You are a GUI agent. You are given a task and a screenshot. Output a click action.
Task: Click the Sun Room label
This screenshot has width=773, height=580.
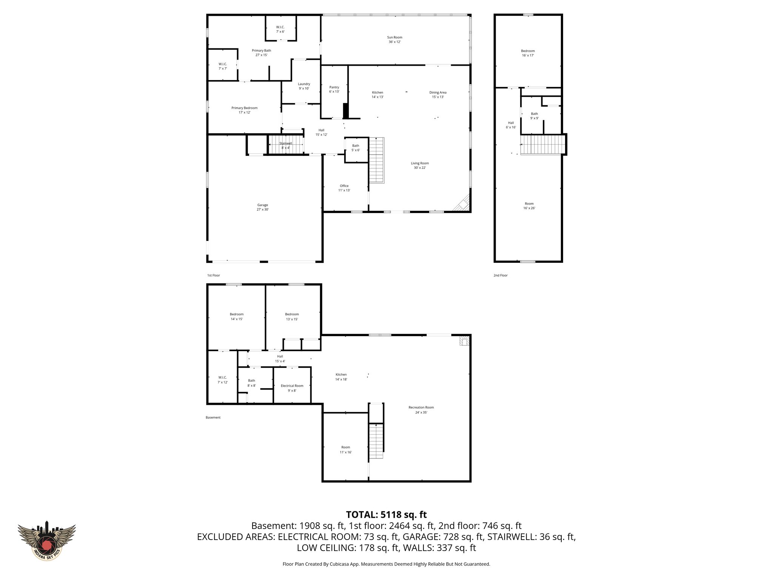click(x=394, y=40)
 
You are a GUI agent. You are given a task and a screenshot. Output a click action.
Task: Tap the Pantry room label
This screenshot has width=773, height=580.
click(x=334, y=89)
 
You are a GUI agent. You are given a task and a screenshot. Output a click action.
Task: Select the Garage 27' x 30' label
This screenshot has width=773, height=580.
click(x=263, y=207)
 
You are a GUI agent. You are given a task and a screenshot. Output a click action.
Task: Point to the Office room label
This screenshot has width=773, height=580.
click(x=344, y=188)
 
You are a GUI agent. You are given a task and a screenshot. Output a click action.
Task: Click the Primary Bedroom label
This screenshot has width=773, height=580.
click(x=244, y=110)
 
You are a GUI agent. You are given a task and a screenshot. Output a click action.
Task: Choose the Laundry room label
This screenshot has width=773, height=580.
click(x=304, y=86)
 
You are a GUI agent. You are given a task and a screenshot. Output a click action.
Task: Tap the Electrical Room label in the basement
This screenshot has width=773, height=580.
click(x=292, y=388)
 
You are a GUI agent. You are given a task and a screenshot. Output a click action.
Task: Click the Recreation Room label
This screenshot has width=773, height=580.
click(x=421, y=410)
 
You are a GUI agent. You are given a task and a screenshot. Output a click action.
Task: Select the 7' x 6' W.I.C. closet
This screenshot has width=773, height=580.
click(x=280, y=29)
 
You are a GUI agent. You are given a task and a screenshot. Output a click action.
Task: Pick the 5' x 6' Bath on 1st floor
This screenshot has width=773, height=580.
click(x=356, y=148)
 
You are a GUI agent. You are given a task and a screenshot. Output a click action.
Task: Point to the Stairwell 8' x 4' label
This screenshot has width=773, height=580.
click(x=286, y=145)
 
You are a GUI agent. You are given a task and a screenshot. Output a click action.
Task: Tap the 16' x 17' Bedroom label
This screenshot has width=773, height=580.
click(x=528, y=53)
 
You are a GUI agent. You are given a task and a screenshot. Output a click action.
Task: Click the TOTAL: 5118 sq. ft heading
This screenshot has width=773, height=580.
click(x=386, y=515)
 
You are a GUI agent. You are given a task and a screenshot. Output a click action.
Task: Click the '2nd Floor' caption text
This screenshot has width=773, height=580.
click(x=500, y=275)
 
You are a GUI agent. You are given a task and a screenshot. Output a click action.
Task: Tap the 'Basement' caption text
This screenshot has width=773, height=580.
click(x=213, y=417)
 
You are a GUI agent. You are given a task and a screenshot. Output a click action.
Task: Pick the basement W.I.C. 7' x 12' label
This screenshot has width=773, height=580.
click(x=222, y=379)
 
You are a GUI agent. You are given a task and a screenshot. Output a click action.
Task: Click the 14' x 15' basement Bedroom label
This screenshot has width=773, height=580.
click(x=237, y=316)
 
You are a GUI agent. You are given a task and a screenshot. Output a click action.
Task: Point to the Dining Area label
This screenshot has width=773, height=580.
click(x=438, y=94)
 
